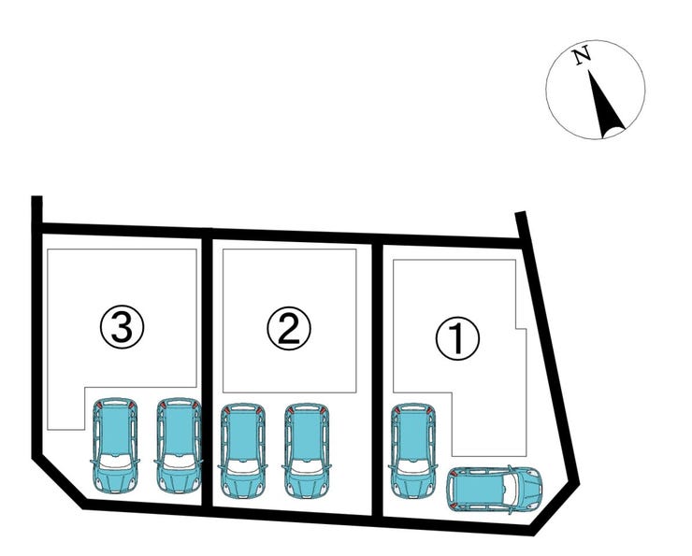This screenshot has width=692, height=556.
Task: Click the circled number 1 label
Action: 457,338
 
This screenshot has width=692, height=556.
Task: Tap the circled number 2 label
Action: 289,329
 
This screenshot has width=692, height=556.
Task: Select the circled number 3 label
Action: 122,327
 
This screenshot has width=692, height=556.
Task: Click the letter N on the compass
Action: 582,55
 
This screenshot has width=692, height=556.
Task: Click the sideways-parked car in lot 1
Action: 494,489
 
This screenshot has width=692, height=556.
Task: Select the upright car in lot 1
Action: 412,450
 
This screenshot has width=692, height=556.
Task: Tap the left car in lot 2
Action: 243,450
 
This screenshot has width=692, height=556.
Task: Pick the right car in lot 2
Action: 307,450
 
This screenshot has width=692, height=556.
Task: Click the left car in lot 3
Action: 115,446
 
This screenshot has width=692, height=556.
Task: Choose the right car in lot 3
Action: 179,446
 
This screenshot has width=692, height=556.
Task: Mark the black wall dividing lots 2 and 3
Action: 207,370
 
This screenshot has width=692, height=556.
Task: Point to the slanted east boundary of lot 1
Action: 548,349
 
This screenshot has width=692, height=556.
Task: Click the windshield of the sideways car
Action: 512,489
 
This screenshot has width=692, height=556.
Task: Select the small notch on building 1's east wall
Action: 521,329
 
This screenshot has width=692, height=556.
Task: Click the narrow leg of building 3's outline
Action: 65,407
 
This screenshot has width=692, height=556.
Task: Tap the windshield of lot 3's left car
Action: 115,461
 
